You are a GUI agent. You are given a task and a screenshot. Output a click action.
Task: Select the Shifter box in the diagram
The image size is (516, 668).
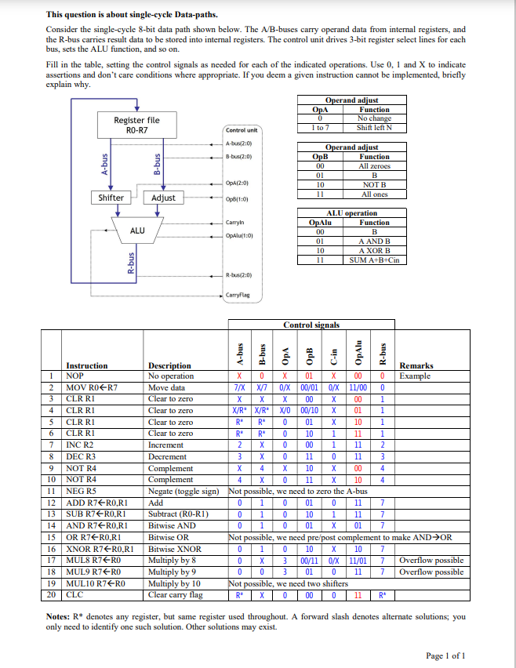[x=111, y=198]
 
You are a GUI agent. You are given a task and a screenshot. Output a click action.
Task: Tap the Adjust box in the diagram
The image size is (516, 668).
[x=163, y=198]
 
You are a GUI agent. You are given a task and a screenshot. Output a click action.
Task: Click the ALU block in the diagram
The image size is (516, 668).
[x=137, y=231]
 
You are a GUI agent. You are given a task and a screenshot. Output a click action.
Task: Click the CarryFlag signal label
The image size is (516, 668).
[x=238, y=294]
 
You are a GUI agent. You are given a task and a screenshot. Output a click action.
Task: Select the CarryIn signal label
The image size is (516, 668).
[x=235, y=223]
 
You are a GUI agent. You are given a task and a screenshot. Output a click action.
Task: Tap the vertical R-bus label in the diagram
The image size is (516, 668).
[x=131, y=260]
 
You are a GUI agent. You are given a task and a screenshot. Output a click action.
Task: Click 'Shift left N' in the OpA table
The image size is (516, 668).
[x=374, y=127]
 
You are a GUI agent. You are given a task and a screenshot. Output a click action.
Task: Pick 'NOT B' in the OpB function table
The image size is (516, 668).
[x=374, y=185]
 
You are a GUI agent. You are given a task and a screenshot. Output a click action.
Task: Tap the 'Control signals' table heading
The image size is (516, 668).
[x=311, y=325]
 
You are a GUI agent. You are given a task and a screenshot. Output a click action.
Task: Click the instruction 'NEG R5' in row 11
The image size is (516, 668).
[x=82, y=491]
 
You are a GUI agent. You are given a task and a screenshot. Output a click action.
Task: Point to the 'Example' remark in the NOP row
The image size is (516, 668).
[x=416, y=376]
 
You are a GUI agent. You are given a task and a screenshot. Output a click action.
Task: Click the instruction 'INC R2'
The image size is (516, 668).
[x=82, y=445]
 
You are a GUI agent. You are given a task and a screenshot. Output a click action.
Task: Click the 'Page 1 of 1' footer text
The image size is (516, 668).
[x=445, y=655]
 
